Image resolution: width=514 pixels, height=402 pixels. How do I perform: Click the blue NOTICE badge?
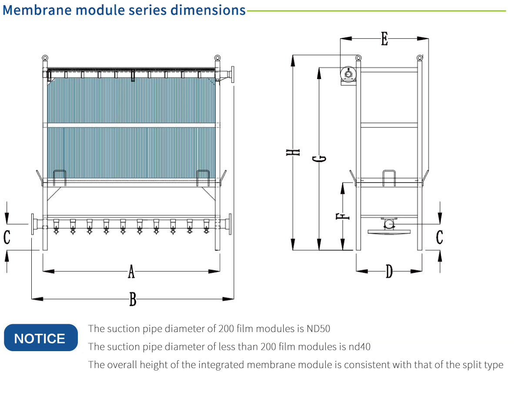(x=40, y=338)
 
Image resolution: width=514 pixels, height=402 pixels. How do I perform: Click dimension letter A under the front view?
(x=131, y=272)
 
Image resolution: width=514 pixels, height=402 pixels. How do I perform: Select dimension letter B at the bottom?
(x=133, y=299)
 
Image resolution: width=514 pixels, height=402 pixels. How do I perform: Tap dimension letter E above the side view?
(x=384, y=39)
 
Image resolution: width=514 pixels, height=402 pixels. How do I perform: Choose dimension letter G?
(x=322, y=159)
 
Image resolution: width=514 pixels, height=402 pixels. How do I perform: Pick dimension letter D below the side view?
(x=389, y=272)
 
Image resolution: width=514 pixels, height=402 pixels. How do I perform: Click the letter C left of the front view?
(x=7, y=237)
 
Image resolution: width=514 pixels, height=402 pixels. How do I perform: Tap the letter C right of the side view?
(x=440, y=237)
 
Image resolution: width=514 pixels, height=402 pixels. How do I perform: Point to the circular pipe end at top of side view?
(x=348, y=74)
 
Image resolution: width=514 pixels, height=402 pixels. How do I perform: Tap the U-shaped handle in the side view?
(x=389, y=178)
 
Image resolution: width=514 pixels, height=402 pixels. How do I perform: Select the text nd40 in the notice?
(x=360, y=346)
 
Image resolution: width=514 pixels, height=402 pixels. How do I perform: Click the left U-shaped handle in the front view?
(x=60, y=178)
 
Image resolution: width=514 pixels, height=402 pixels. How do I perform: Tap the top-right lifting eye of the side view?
(x=420, y=58)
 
